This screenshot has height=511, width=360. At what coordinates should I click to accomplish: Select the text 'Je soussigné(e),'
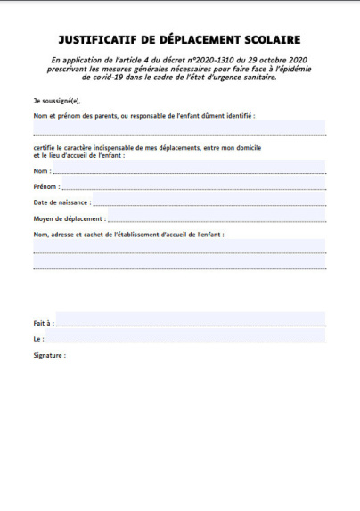click(56, 103)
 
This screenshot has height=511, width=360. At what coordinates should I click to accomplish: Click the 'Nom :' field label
click(42, 170)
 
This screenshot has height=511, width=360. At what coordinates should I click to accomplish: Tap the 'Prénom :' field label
click(46, 187)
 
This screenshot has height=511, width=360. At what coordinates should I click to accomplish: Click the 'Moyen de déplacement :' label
click(69, 218)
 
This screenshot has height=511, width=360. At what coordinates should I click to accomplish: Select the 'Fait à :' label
click(44, 323)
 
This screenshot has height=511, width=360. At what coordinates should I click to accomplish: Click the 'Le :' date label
click(38, 339)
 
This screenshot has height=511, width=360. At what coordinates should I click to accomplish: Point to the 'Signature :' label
click(49, 355)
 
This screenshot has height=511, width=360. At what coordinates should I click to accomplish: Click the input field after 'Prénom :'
click(193, 186)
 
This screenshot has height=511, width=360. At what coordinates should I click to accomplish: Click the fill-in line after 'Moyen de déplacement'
click(217, 218)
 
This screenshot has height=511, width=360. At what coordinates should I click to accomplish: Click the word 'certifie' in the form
click(46, 146)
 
